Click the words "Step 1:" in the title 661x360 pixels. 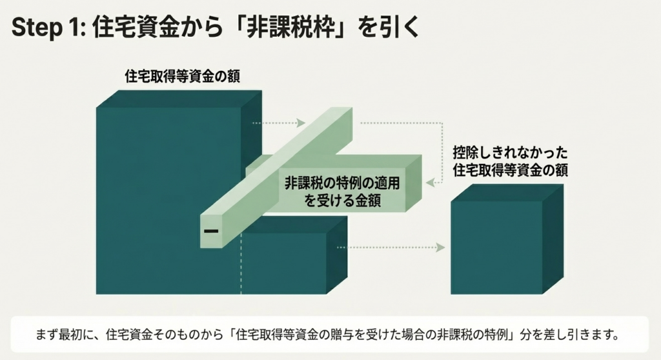click(48, 27)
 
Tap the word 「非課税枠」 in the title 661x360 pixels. click(292, 27)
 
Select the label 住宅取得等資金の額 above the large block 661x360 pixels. click(183, 76)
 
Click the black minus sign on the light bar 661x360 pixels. click(211, 231)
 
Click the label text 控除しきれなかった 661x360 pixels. click(511, 152)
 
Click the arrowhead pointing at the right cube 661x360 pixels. click(441, 248)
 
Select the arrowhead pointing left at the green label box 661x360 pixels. click(430, 183)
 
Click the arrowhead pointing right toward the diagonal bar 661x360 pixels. click(301, 123)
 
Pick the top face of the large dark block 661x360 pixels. click(179, 99)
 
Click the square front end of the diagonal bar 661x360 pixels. click(211, 231)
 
